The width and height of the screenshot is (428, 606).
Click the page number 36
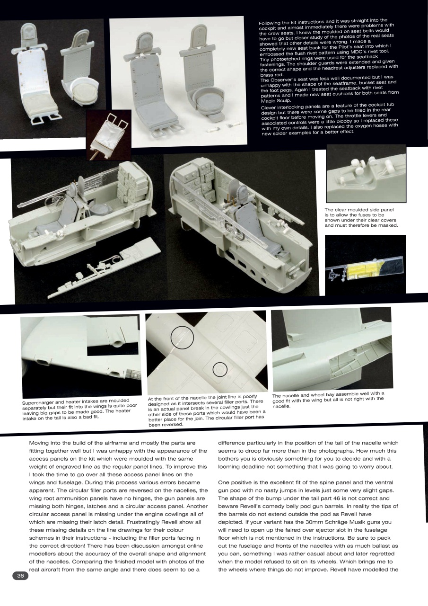(x=20, y=576)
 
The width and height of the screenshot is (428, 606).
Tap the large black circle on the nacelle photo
(x=183, y=337)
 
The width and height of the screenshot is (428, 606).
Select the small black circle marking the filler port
(x=220, y=369)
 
